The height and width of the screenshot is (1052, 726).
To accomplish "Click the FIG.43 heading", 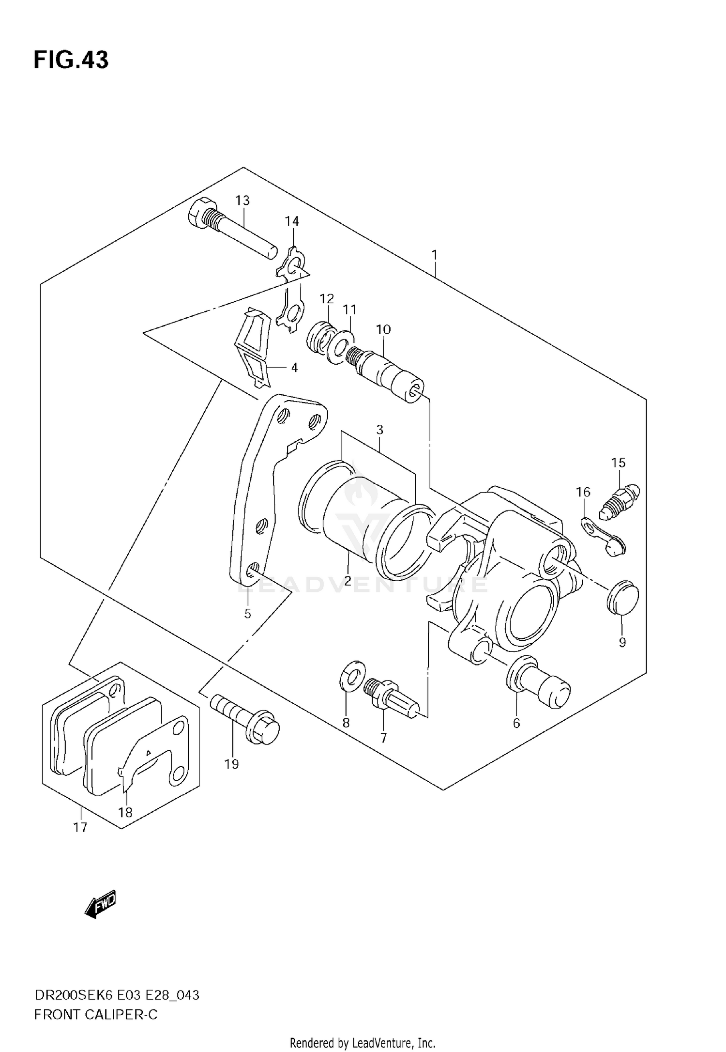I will pos(71,60).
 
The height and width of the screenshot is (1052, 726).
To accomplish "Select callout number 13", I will pos(242,200).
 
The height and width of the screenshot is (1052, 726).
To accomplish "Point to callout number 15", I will pos(618,463).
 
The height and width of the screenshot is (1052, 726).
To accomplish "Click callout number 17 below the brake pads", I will pos(80,827).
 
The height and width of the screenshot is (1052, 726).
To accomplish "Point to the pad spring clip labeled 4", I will pos(254,349).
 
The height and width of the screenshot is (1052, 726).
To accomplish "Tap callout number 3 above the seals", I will pos(380,430).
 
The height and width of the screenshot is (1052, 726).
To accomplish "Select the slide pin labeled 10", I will pos(387,375).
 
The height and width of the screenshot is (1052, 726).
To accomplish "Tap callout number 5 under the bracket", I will pos(247,614).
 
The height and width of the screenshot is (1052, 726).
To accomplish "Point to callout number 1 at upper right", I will pos(435,254).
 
